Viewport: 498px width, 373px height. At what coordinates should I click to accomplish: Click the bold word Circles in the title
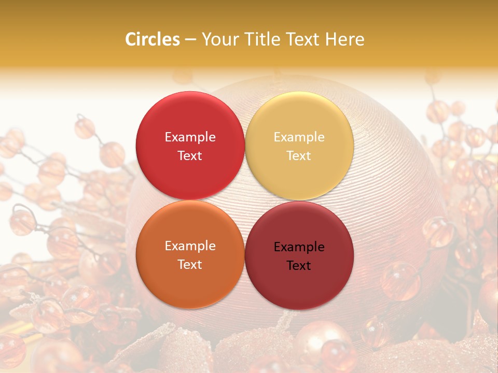coord(153,39)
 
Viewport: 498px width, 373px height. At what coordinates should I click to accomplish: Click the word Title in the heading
coord(261,39)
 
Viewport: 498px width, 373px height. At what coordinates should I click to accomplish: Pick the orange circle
coord(190,280)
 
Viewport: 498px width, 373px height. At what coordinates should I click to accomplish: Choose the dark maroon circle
coord(299,282)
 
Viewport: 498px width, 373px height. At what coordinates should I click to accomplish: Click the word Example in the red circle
coord(190,137)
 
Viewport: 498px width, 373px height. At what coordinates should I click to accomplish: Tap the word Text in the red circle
coord(190,155)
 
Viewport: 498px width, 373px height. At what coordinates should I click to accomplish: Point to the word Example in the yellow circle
coord(299,137)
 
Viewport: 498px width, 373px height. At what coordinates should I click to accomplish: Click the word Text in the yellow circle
coord(299,155)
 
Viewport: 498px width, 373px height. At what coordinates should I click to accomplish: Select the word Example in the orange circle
coord(190,246)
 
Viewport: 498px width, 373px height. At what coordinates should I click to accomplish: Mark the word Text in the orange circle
coord(190,264)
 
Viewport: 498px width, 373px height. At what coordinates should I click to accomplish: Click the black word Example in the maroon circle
coord(299,247)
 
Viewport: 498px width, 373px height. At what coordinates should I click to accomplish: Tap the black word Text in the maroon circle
coord(299,265)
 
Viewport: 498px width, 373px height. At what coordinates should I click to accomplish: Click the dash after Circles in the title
coord(190,39)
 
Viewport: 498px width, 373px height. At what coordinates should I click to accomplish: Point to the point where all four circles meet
coord(245,200)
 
